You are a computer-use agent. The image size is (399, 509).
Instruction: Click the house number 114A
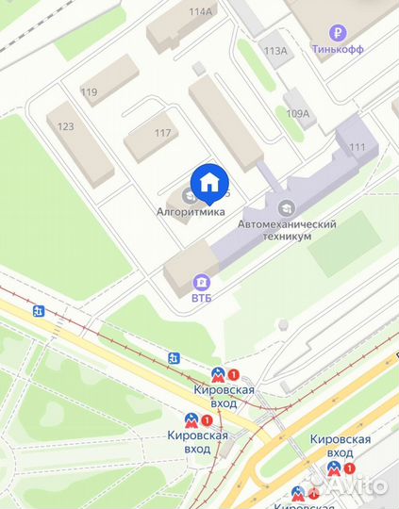201,11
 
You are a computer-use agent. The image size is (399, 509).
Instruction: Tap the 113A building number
275,51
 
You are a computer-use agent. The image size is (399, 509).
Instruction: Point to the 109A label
298,112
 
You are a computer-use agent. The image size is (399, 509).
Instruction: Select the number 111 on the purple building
357,146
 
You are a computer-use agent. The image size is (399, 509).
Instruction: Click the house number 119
90,91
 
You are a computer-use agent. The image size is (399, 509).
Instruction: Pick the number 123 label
66,125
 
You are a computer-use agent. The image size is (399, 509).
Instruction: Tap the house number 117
162,132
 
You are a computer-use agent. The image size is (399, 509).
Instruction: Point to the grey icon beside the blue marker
189,195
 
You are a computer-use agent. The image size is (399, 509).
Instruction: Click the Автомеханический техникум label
287,231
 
